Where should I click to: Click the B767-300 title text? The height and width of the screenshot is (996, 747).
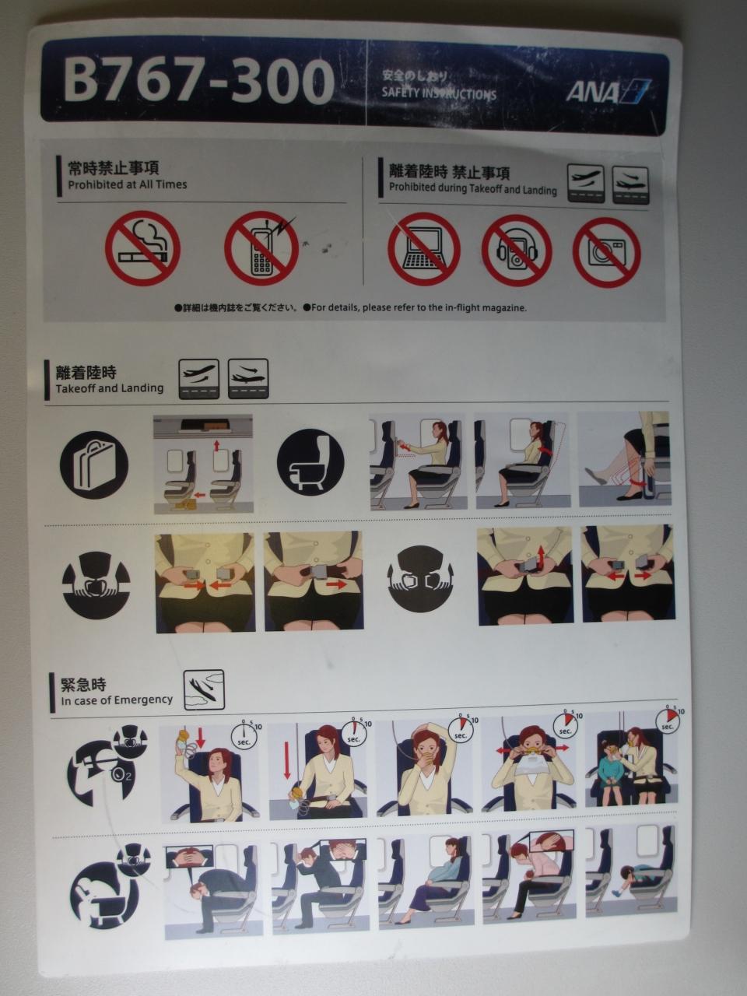click(198, 82)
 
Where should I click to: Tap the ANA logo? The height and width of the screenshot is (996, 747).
click(608, 91)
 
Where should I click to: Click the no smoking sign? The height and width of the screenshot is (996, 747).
click(143, 248)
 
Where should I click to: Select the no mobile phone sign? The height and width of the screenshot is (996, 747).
click(262, 248)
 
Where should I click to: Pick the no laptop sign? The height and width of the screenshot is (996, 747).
click(424, 249)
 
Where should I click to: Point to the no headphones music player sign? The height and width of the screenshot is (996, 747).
click(517, 251)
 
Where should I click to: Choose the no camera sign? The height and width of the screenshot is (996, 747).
click(607, 252)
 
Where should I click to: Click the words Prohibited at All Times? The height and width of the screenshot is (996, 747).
click(128, 184)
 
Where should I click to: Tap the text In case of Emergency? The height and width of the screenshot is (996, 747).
click(117, 700)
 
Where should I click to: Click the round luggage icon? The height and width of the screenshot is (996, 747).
click(94, 465)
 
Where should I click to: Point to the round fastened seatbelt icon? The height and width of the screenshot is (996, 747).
click(96, 585)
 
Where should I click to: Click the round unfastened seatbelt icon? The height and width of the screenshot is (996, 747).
click(420, 579)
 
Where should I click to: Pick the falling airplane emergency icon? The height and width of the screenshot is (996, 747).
click(204, 690)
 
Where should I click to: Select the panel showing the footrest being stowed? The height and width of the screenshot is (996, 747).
click(624, 459)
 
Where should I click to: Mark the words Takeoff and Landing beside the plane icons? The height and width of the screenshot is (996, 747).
click(109, 388)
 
